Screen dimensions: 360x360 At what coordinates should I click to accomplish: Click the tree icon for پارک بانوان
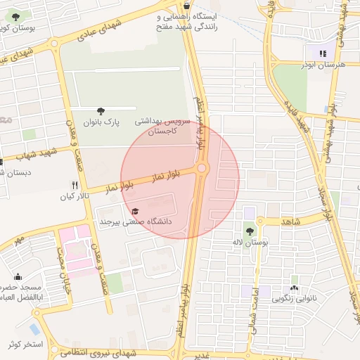tap(101, 110)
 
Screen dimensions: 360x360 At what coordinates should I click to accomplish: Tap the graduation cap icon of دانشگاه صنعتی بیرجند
tap(135, 211)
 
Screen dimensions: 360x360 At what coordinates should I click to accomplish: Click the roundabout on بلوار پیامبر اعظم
tap(202, 168)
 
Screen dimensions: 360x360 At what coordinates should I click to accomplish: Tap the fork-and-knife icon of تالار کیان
tap(75, 186)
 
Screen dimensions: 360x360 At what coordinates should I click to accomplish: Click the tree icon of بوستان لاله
tap(250, 231)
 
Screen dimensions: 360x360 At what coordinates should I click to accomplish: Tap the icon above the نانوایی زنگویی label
tap(294, 288)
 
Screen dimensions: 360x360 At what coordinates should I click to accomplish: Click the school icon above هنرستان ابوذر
tap(323, 53)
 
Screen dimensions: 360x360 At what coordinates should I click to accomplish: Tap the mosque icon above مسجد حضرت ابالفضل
tap(18, 276)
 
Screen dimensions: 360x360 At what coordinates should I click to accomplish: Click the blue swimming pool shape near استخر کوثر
tap(34, 329)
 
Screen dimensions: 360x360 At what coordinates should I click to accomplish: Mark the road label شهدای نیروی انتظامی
tap(111, 352)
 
